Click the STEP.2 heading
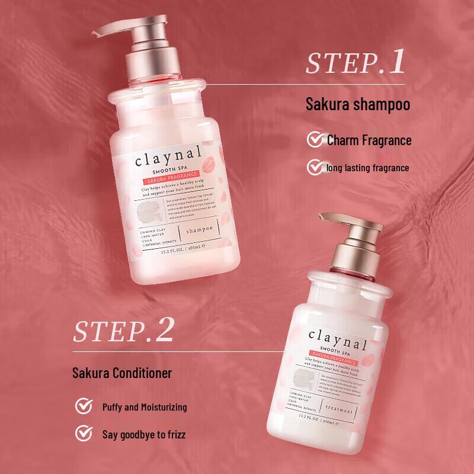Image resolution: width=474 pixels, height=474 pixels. pyautogui.click(x=123, y=331)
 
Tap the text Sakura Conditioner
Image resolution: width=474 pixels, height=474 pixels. pyautogui.click(x=123, y=373)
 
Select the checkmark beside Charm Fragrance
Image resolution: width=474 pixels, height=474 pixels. pyautogui.click(x=314, y=140)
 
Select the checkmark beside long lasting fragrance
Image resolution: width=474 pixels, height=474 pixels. pyautogui.click(x=314, y=168)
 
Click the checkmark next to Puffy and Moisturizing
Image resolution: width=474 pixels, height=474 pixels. pyautogui.click(x=84, y=407)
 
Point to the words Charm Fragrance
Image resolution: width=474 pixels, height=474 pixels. pyautogui.click(x=369, y=140)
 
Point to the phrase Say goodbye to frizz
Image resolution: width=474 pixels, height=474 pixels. pyautogui.click(x=143, y=435)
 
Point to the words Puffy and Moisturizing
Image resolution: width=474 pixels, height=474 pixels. pyautogui.click(x=144, y=407)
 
